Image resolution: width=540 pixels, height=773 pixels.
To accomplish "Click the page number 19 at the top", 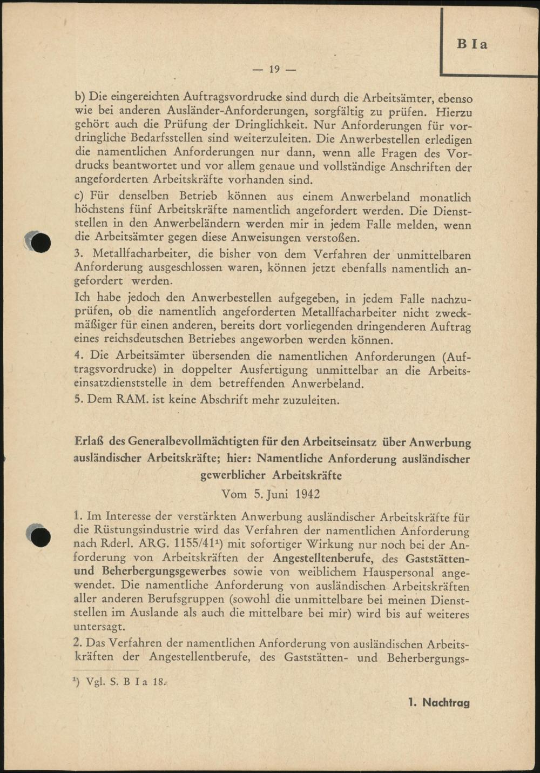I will (x=274, y=69).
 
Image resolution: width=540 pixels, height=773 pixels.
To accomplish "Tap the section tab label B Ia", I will (x=471, y=44).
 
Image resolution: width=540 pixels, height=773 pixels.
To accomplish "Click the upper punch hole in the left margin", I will (x=40, y=243).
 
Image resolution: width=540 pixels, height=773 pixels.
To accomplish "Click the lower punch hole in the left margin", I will (x=40, y=536).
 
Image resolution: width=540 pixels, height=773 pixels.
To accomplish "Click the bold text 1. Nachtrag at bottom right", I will (x=439, y=702).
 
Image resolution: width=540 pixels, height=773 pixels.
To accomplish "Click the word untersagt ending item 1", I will (x=99, y=627).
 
